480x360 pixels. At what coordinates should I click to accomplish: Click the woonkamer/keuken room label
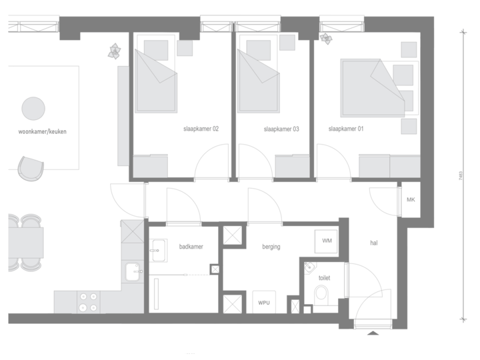point(43,132)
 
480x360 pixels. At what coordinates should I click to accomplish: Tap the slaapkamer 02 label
point(201,129)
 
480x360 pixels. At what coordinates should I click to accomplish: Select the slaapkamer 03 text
point(281,129)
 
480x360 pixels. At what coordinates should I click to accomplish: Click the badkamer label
point(191,247)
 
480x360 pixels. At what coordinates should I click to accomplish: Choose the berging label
point(271,247)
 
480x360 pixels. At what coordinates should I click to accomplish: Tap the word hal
point(373,243)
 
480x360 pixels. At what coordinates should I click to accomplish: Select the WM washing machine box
point(327,240)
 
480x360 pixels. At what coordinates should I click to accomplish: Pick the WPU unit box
point(264,301)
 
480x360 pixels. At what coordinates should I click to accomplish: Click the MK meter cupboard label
point(411,199)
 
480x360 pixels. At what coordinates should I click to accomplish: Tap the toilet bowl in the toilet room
point(321,293)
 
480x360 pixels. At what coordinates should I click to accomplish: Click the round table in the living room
point(33,107)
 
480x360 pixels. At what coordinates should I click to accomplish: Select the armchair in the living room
point(29,169)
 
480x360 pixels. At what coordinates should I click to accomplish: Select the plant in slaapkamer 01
point(327,37)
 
